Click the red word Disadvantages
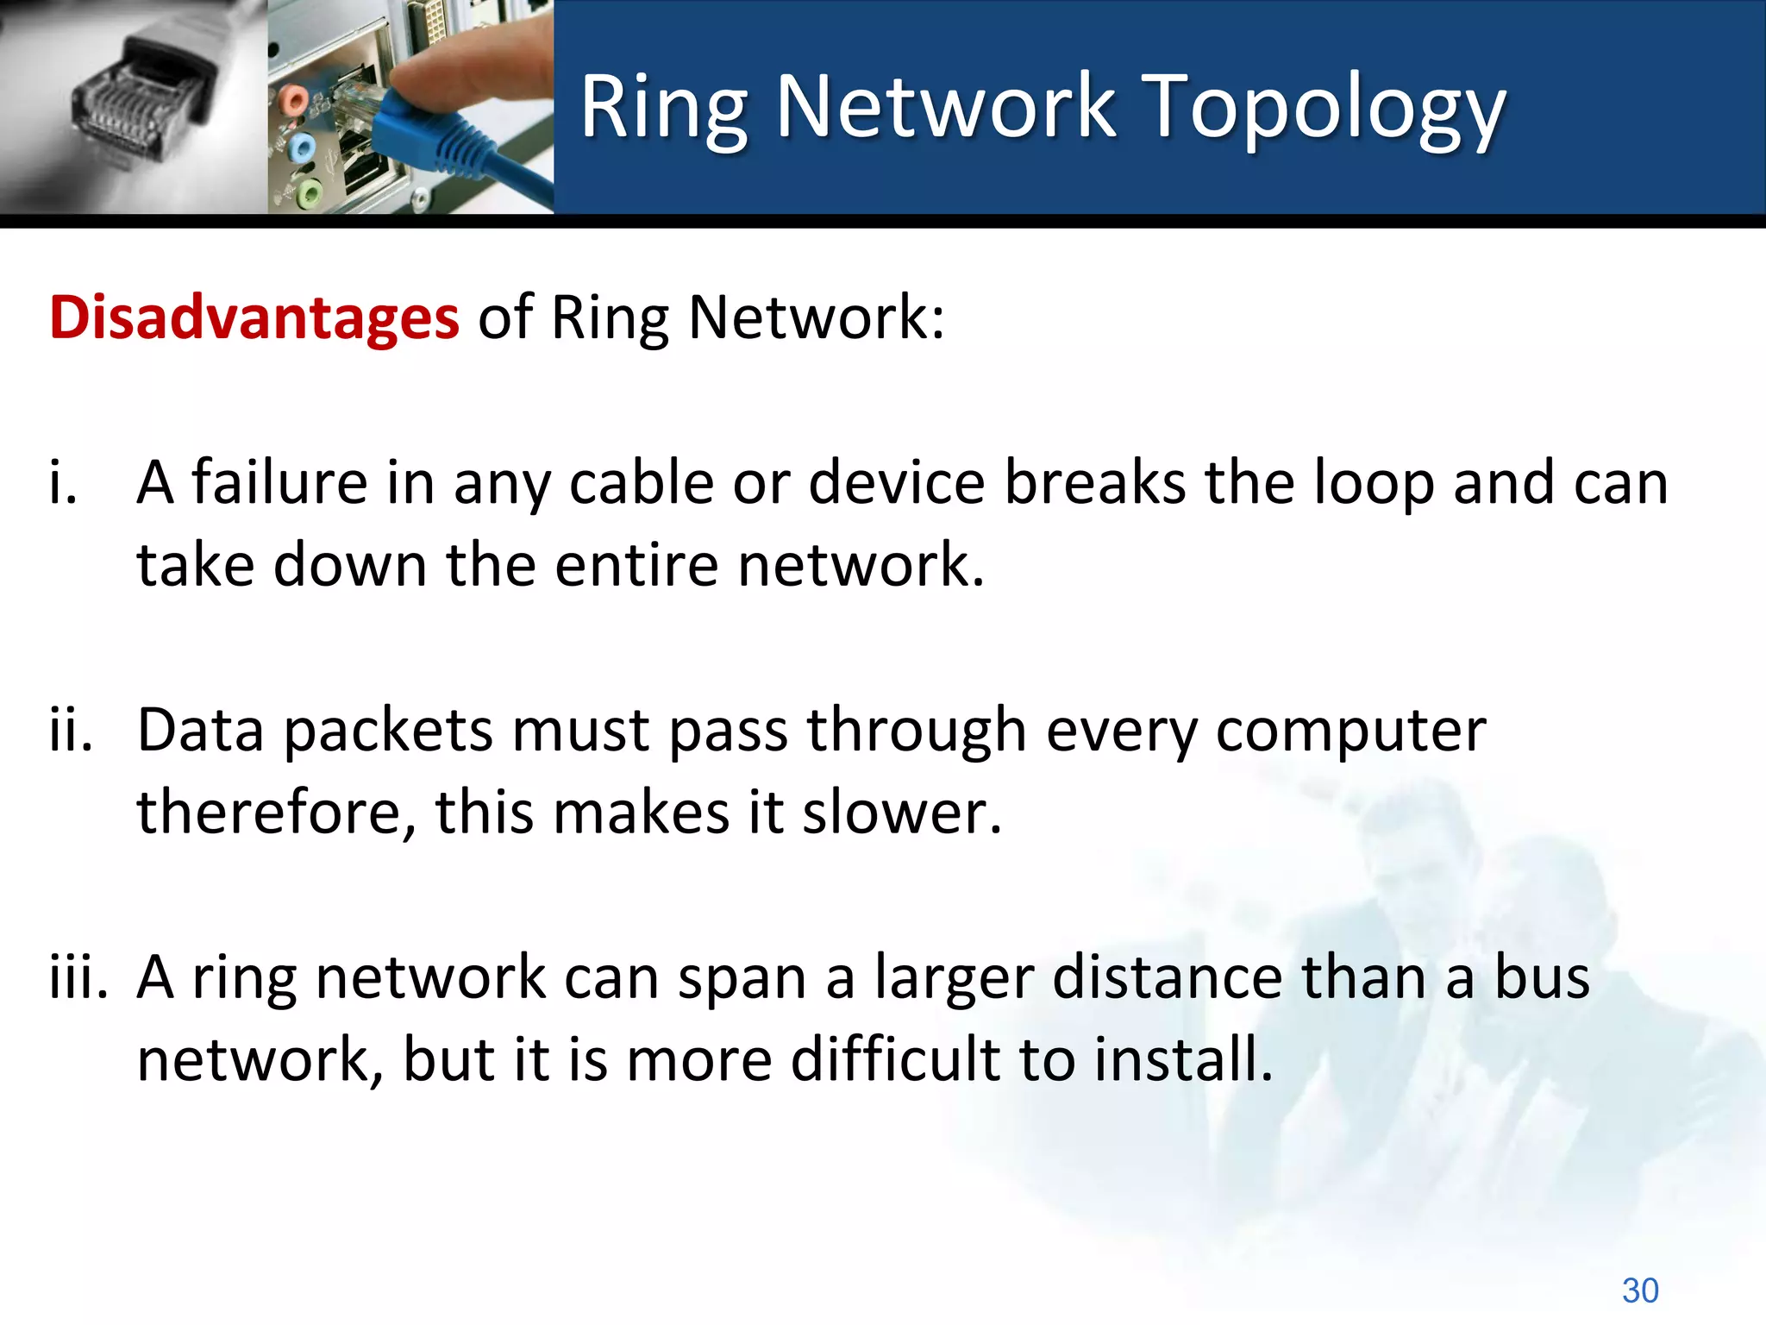point(254,317)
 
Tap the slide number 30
point(1639,1290)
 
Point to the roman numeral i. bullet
point(63,483)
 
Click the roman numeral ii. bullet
point(71,730)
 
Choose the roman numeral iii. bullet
point(78,977)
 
